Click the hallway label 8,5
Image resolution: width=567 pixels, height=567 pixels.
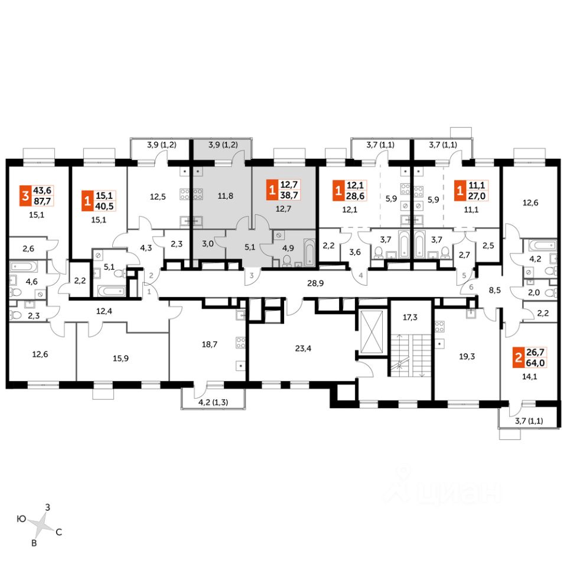pyautogui.click(x=494, y=290)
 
